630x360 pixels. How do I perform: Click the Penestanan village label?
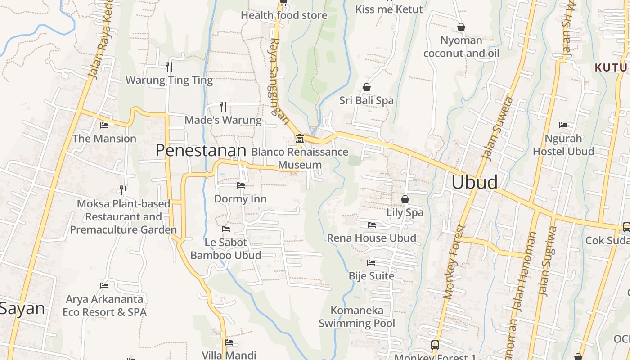pyautogui.click(x=201, y=150)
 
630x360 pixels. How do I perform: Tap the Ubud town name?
pyautogui.click(x=474, y=182)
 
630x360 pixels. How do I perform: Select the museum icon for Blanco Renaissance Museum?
pyautogui.click(x=299, y=139)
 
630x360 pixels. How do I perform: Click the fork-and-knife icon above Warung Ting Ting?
pyautogui.click(x=169, y=67)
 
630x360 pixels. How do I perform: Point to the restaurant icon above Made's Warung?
pyautogui.click(x=223, y=106)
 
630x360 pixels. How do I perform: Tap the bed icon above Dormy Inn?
pyautogui.click(x=241, y=185)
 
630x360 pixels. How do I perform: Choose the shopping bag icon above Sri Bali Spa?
pyautogui.click(x=367, y=87)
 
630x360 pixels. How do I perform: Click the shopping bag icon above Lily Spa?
pyautogui.click(x=405, y=199)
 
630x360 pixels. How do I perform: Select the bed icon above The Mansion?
pyautogui.click(x=104, y=125)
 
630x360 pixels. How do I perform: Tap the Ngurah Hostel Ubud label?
pyautogui.click(x=563, y=145)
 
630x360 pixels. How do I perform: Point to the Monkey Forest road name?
pyautogui.click(x=454, y=261)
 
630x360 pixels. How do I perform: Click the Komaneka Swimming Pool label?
pyautogui.click(x=357, y=317)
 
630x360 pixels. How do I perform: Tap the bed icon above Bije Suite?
pyautogui.click(x=371, y=262)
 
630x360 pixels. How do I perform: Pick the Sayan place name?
pyautogui.click(x=22, y=309)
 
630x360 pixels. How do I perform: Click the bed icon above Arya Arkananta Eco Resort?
pyautogui.click(x=104, y=285)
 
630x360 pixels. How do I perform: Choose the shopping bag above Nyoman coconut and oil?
pyautogui.click(x=461, y=27)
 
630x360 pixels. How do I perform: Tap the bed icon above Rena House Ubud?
pyautogui.click(x=371, y=225)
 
